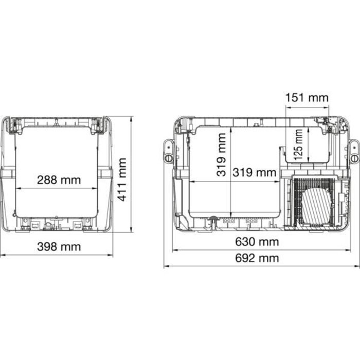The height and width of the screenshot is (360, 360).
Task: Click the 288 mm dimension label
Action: coord(59,180)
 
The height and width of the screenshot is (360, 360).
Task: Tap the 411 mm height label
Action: coord(122,179)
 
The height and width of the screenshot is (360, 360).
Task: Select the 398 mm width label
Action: coord(59,247)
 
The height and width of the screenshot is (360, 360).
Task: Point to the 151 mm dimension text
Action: coord(307,98)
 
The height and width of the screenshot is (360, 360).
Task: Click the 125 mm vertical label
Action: coord(298,145)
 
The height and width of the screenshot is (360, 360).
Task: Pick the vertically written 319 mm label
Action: coord(221,154)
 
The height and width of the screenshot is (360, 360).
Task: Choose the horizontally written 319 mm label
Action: coord(255,172)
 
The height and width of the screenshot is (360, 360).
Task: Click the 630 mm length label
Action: coord(257,242)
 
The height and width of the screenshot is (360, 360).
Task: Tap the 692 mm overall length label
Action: coord(257,258)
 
